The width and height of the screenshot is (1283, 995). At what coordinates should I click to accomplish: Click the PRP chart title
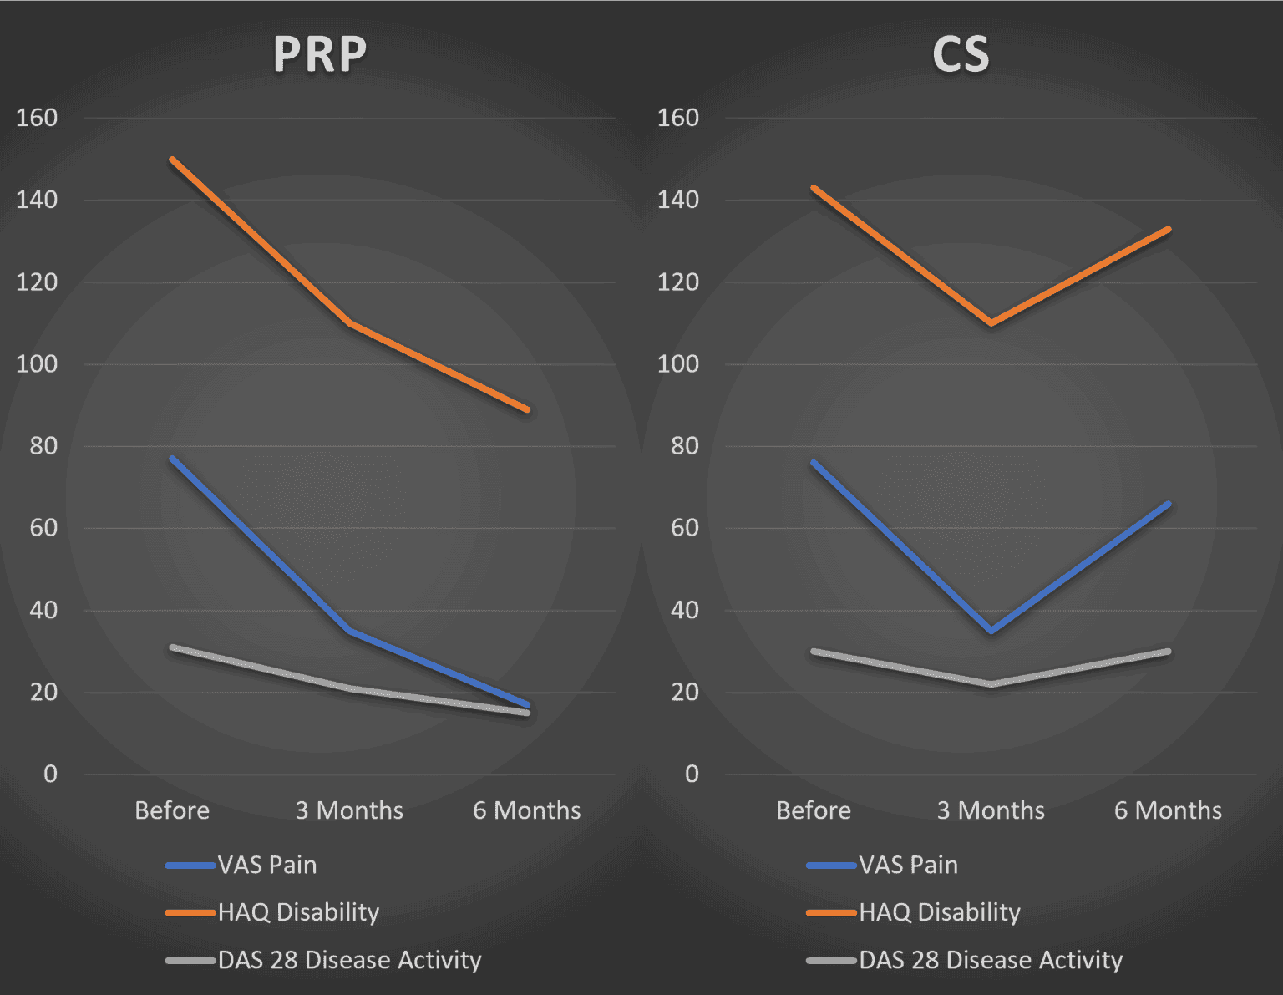pos(320,55)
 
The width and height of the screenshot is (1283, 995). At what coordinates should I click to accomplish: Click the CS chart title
pos(961,55)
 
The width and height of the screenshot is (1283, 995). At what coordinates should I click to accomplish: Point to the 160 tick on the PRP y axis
pos(37,118)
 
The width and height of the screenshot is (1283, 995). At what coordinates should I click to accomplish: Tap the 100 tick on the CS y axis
pos(677,364)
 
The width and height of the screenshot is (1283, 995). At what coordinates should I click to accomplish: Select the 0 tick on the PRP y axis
pos(50,774)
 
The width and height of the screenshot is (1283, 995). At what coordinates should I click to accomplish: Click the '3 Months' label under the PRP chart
pos(349,810)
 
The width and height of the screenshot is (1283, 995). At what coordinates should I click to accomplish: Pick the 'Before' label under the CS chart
pos(813,810)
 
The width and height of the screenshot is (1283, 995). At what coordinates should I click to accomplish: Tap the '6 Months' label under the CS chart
pos(1168,810)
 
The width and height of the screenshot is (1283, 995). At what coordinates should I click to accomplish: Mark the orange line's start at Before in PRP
pos(172,159)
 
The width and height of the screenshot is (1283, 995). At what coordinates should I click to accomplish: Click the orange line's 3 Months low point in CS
pos(991,322)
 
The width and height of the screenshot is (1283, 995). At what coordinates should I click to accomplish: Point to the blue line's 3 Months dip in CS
pos(991,631)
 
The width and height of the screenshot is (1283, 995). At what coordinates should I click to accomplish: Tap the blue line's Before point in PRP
pos(172,458)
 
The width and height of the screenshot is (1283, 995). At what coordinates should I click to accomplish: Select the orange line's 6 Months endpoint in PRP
pos(527,409)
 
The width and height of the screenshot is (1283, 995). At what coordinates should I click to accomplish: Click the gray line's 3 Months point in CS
pos(991,684)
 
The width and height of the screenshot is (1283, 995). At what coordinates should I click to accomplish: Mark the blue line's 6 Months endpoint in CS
pos(1168,504)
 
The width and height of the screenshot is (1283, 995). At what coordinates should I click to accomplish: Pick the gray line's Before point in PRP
pos(172,647)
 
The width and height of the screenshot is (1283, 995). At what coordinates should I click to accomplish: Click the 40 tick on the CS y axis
pos(684,610)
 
